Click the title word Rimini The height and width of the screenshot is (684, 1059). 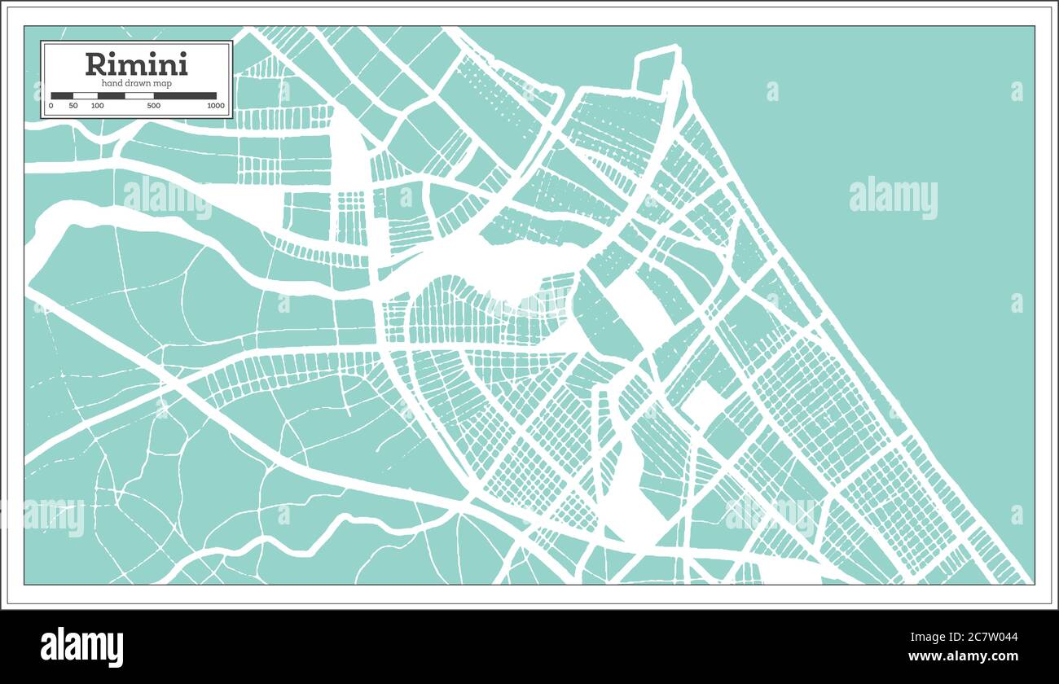coord(136,64)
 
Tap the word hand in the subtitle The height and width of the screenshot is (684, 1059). coord(111,83)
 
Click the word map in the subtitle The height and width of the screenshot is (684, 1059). coord(161,83)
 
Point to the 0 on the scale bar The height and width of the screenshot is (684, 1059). coord(51,106)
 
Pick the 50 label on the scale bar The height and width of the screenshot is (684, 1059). coord(73,106)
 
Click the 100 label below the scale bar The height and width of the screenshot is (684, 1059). coord(97,106)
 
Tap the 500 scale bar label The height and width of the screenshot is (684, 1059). coord(153,106)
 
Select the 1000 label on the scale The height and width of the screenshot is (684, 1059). coord(215,106)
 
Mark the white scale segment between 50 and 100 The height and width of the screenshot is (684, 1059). coord(86,96)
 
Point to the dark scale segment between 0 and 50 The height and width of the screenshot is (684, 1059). coord(62,96)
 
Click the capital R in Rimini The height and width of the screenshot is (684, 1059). coord(95,64)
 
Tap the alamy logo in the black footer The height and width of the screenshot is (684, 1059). coord(81,647)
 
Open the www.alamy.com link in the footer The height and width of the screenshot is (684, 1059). coord(963,656)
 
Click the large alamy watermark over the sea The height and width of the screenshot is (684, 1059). coord(893,198)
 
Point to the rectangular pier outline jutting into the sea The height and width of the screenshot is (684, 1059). coord(655,69)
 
